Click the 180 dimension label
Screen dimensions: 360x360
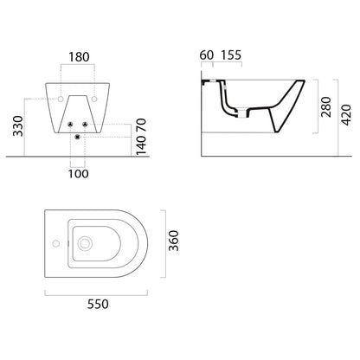(79, 57)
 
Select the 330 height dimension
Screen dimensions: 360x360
(18, 126)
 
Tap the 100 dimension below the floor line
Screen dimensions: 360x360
(79, 174)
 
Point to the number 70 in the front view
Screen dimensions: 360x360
(141, 125)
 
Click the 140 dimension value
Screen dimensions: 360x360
(141, 145)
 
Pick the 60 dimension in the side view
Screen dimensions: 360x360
(207, 55)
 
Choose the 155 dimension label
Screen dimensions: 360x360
(231, 55)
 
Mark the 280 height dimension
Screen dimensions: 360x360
(326, 107)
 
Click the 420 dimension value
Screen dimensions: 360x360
(346, 115)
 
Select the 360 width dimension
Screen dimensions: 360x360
(174, 241)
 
